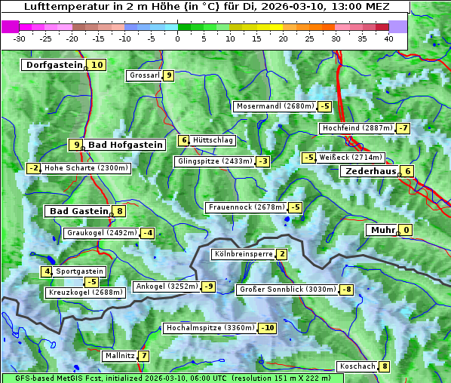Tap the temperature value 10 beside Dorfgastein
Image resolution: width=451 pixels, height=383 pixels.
(97, 65)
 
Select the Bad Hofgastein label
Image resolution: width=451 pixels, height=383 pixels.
(125, 144)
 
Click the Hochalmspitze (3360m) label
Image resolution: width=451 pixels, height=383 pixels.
(210, 328)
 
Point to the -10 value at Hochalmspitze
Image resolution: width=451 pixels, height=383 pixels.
(268, 328)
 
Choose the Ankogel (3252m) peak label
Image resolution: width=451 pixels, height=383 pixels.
(167, 286)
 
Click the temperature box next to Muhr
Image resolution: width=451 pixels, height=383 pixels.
(407, 230)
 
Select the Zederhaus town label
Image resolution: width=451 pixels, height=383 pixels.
(370, 171)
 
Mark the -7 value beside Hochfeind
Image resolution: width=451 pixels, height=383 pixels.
(403, 128)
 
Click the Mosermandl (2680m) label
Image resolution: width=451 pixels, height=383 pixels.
(275, 106)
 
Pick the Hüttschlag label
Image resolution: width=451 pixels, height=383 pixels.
(213, 140)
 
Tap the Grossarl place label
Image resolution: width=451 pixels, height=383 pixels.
(144, 75)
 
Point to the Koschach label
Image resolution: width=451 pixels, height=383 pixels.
(357, 366)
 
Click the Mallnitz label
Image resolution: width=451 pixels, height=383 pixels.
(119, 355)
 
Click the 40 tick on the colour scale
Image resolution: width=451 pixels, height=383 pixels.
(388, 38)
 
